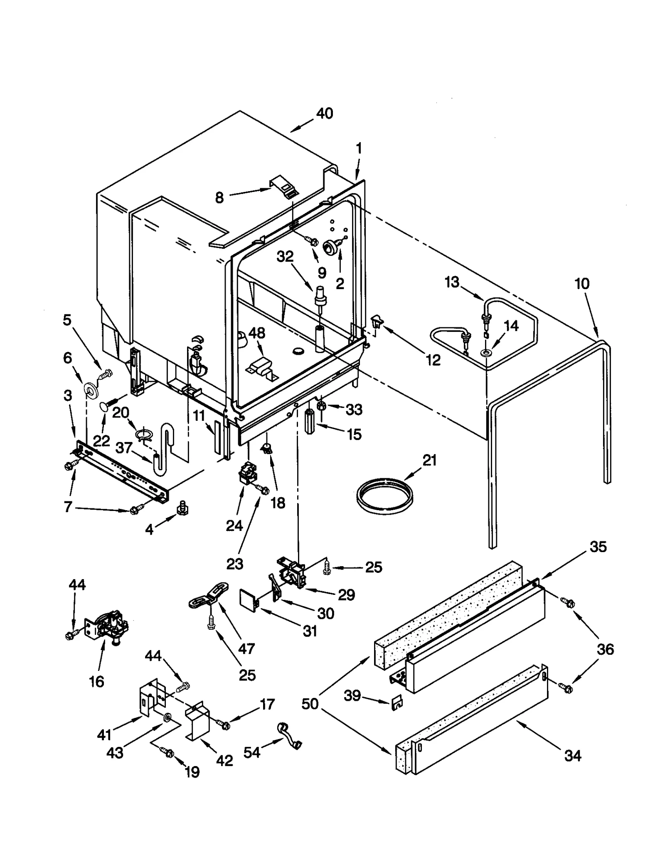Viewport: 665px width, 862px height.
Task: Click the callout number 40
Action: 325,113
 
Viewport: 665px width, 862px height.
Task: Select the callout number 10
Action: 582,284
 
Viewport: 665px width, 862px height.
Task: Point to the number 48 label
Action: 256,333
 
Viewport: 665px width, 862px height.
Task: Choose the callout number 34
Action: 573,756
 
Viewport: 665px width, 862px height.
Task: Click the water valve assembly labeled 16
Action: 108,627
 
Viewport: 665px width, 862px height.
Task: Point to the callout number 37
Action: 123,447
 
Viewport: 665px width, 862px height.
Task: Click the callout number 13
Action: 452,282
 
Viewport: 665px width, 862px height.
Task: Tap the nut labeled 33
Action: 320,406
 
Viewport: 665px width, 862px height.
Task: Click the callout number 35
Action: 598,547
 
